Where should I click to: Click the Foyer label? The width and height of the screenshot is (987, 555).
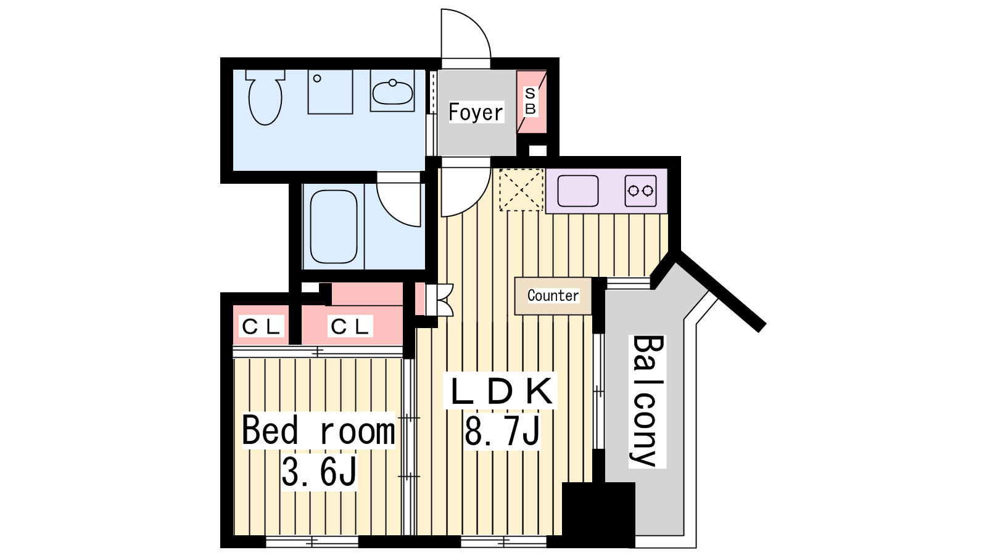[476, 112]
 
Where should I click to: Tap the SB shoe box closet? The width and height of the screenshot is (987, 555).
[531, 102]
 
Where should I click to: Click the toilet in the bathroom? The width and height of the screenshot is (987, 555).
[265, 97]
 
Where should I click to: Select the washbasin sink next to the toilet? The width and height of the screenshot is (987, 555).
[392, 91]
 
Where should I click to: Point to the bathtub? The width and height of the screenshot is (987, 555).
[334, 226]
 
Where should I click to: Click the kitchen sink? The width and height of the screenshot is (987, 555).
[577, 191]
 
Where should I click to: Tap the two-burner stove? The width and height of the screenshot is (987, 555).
[640, 191]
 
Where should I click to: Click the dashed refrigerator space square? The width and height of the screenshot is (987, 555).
[521, 190]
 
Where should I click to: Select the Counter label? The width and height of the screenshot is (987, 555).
[553, 295]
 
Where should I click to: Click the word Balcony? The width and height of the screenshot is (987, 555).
[647, 401]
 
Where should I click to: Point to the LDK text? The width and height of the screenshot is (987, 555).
[502, 391]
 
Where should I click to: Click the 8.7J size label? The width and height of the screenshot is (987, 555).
[502, 432]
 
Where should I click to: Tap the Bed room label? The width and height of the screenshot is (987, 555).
[318, 430]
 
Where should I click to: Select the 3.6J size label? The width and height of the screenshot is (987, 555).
[319, 472]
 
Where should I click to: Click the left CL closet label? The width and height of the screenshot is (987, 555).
[261, 326]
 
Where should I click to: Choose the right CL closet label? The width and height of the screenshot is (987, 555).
[350, 326]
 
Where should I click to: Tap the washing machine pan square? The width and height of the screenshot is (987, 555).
[330, 92]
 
